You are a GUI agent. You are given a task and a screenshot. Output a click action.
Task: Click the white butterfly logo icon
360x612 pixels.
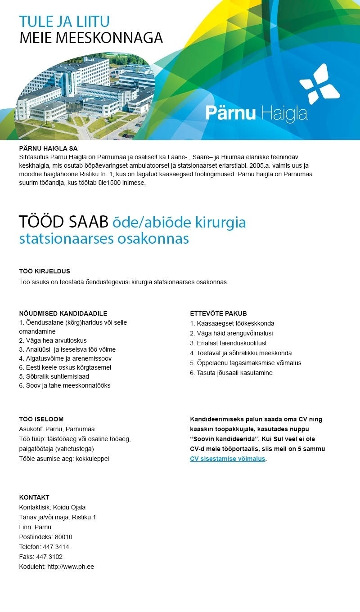(319, 84)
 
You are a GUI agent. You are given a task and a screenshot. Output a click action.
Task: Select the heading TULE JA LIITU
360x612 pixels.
(64, 22)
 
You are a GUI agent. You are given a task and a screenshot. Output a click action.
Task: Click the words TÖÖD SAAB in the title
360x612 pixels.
(63, 222)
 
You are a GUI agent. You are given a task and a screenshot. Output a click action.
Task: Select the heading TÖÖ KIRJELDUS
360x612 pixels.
(45, 271)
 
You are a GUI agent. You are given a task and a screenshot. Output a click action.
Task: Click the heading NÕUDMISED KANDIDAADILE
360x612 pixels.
(63, 313)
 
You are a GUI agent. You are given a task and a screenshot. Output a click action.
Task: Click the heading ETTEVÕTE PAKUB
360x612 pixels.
(218, 313)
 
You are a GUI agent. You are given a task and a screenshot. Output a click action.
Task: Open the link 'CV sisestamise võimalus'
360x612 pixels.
(227, 459)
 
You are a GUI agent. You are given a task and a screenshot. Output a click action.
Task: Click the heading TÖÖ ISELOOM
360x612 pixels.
(41, 419)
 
